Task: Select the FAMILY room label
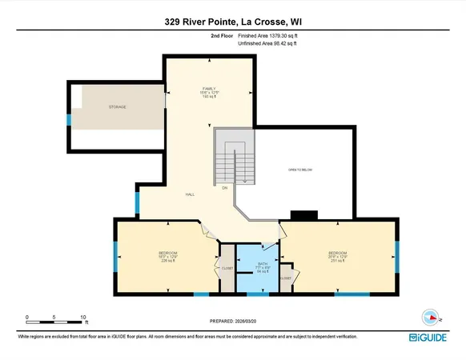coord(211,92)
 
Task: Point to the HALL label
coord(190,194)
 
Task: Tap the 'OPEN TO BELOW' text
coord(300,170)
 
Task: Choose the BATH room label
coord(249,265)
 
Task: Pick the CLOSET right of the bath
coord(286,278)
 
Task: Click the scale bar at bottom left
coord(55,322)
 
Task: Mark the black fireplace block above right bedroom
coord(304,215)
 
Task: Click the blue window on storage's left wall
coord(69,120)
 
